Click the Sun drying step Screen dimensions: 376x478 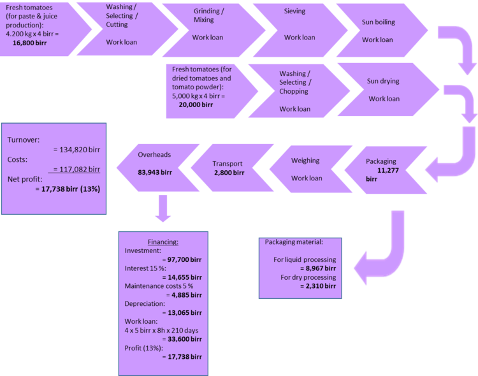click(x=384, y=89)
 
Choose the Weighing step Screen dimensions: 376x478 click(x=306, y=169)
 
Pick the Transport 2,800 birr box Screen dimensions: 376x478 click(x=227, y=168)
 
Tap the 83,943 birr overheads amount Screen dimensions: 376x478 click(x=156, y=172)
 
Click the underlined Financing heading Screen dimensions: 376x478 click(x=163, y=242)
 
